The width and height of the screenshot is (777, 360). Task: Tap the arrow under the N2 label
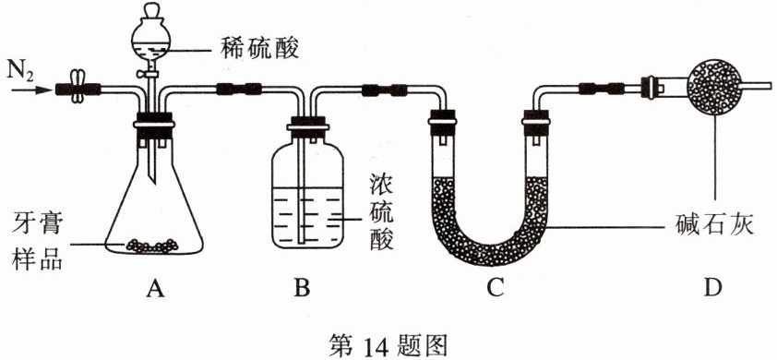pyautogui.click(x=31, y=90)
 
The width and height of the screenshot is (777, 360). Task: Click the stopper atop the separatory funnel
pyautogui.click(x=151, y=11)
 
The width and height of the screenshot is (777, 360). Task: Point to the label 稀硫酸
pyautogui.click(x=258, y=49)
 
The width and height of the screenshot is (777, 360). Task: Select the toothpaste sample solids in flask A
pyautogui.click(x=152, y=245)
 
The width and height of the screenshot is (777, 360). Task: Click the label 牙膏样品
pyautogui.click(x=36, y=246)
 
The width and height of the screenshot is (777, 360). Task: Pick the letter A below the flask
pyautogui.click(x=155, y=288)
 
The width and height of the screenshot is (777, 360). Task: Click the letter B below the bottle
pyautogui.click(x=302, y=288)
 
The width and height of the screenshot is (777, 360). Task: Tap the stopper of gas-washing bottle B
pyautogui.click(x=307, y=124)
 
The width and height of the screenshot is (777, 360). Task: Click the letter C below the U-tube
pyautogui.click(x=496, y=288)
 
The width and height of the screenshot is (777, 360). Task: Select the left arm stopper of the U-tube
pyautogui.click(x=442, y=123)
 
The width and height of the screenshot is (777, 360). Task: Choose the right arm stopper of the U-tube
pyautogui.click(x=536, y=123)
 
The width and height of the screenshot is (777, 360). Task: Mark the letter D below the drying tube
pyautogui.click(x=712, y=288)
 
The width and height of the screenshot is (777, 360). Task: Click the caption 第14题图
pyautogui.click(x=388, y=342)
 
